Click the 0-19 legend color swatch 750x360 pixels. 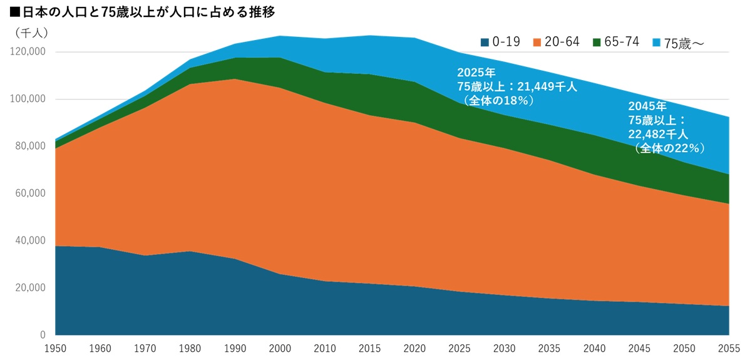485,42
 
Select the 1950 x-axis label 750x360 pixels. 55,349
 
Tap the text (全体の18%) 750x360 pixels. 498,100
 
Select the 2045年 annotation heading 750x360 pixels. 648,106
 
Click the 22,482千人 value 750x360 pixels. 658,134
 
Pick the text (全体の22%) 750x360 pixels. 669,148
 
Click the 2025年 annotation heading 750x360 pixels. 476,73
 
